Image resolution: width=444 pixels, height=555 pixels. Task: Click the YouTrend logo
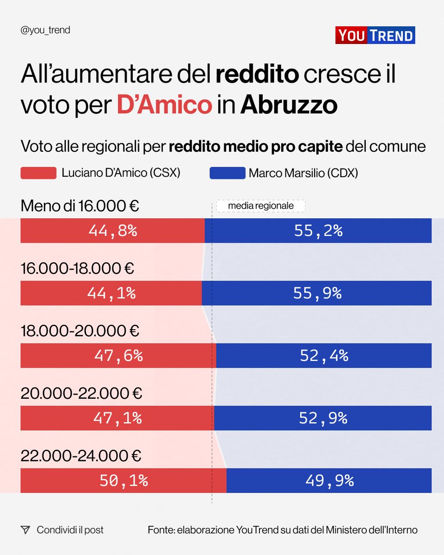(x=375, y=36)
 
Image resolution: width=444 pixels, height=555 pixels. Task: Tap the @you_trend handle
(x=45, y=31)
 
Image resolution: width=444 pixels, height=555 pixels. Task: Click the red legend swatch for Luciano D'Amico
(x=38, y=173)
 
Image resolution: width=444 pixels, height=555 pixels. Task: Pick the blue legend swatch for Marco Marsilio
(x=227, y=173)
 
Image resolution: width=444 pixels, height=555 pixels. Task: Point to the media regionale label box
(x=261, y=206)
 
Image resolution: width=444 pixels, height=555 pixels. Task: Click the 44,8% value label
(x=113, y=231)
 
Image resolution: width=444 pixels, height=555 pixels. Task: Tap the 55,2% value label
(x=318, y=231)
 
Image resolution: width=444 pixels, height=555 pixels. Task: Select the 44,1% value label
(x=112, y=293)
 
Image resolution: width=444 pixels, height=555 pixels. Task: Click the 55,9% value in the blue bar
(x=317, y=293)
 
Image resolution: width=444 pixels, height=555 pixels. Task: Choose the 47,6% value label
(x=118, y=356)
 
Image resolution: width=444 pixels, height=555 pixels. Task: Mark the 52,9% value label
(x=323, y=418)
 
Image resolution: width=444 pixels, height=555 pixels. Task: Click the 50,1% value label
(x=123, y=481)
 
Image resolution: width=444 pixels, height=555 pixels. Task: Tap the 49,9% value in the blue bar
(x=329, y=481)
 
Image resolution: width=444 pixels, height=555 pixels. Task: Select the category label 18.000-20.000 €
(x=80, y=331)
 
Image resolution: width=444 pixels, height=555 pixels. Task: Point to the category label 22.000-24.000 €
(x=81, y=456)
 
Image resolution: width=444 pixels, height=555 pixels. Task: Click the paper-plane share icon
(x=25, y=530)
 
